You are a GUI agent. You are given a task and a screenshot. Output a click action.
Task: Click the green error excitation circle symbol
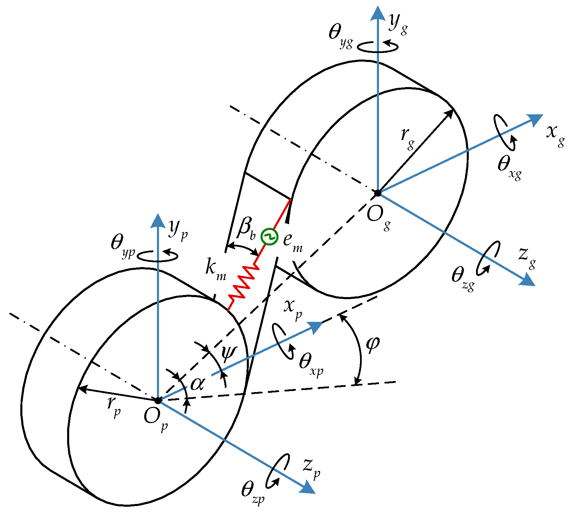coord(269,237)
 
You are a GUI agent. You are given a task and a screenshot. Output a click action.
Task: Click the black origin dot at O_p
coord(158,401)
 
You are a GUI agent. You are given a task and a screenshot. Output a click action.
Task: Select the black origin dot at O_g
coord(378,193)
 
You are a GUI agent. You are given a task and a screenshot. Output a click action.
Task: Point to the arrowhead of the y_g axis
coord(378,13)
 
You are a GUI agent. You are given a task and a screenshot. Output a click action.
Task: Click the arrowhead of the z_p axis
coord(309,488)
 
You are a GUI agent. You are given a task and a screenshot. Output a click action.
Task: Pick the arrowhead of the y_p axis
coord(158,220)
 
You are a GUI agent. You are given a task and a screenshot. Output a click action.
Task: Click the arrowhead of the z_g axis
coord(528,280)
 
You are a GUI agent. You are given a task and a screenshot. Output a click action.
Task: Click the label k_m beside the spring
coord(215,268)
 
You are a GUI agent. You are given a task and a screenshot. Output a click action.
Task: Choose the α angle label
coord(198,383)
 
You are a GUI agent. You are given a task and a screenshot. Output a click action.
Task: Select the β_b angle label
coord(246,229)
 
